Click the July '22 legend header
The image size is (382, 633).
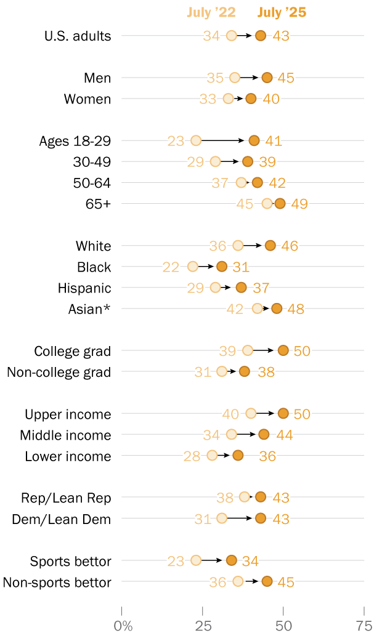pos(212,12)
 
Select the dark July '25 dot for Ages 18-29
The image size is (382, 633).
pos(254,140)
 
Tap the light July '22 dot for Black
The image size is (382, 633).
pos(193,267)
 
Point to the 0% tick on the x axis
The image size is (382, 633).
pos(123,626)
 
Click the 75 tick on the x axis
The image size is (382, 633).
pos(364,626)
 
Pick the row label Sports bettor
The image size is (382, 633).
pos(70,562)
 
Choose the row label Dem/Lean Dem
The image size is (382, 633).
pos(62,519)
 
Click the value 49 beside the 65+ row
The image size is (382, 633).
pos(299,204)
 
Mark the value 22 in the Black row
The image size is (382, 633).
pos(171,267)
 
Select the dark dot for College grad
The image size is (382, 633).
pos(283,350)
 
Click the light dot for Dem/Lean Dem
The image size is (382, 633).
pos(222,518)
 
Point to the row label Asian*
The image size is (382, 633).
pos(89,309)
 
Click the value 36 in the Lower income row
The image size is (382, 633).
pos(267,456)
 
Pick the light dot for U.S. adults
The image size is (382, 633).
pos(231,36)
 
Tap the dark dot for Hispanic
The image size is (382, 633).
pos(241,288)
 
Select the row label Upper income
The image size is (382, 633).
pos(68,414)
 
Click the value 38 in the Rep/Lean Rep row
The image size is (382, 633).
pos(225,498)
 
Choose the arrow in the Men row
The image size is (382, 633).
pos(250,78)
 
